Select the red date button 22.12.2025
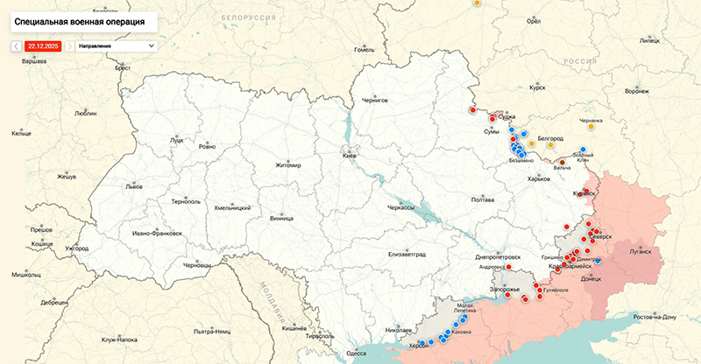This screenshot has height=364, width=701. (43, 45)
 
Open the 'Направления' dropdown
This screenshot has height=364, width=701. (115, 45)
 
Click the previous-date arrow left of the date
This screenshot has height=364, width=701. (17, 45)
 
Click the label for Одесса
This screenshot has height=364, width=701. (357, 353)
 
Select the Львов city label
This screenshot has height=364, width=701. (134, 186)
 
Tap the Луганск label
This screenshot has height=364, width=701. (641, 250)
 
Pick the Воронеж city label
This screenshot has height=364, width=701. (637, 91)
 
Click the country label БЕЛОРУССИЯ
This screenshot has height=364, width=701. (243, 17)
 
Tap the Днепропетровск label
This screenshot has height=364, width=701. (498, 257)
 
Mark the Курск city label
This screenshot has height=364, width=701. (537, 87)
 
